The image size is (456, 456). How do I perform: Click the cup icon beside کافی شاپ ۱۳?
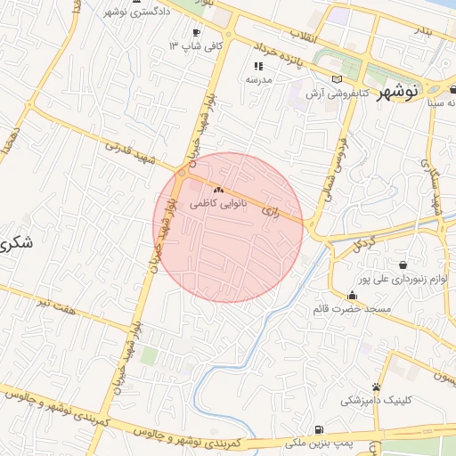[196, 33]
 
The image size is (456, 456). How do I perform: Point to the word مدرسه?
[258, 79]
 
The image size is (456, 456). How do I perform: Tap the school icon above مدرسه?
[258, 66]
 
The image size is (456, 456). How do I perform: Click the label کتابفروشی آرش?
[332, 94]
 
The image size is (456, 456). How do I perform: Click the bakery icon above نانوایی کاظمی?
[218, 191]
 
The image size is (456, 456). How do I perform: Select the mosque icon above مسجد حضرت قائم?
[353, 295]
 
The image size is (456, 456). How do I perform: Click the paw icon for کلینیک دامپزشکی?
[378, 387]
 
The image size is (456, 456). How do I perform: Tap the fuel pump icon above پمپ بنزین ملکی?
[319, 429]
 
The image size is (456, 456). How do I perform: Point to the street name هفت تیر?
[56, 305]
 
